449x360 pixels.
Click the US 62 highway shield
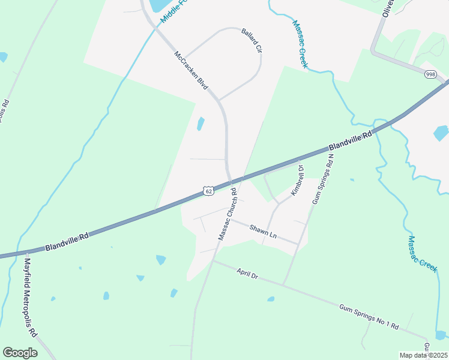pyautogui.click(x=208, y=191)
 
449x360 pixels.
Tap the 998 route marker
pyautogui.click(x=430, y=74)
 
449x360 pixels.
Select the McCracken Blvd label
pyautogui.click(x=191, y=70)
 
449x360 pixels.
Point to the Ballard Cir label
pyautogui.click(x=252, y=40)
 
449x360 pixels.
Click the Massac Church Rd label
pyautogui.click(x=229, y=215)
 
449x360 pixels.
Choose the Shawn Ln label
pyautogui.click(x=263, y=231)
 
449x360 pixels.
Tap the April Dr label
pyautogui.click(x=247, y=275)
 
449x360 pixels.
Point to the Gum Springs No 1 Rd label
pyautogui.click(x=369, y=316)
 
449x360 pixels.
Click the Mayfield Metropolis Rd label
pyautogui.click(x=30, y=296)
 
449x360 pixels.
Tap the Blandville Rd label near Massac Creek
pyautogui.click(x=351, y=141)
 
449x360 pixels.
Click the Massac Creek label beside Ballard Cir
pyautogui.click(x=300, y=44)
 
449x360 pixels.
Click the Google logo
pyautogui.click(x=20, y=352)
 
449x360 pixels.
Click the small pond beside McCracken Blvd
pyautogui.click(x=200, y=124)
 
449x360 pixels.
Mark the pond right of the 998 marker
pyautogui.click(x=441, y=133)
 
